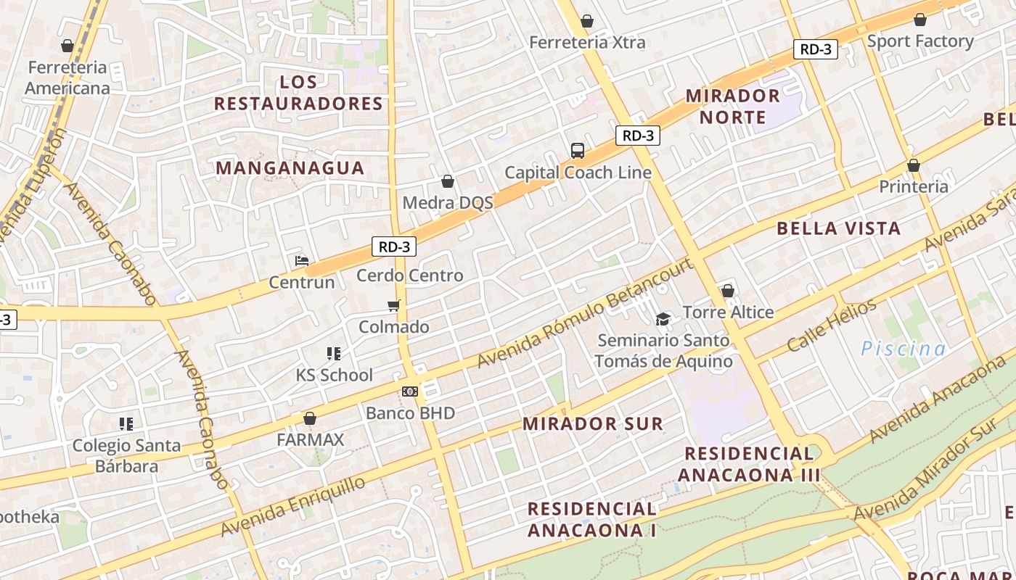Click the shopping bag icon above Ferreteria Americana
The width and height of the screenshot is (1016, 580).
[x=67, y=46]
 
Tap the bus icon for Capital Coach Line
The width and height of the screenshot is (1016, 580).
[x=578, y=151]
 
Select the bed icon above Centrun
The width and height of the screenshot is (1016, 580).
[x=302, y=261]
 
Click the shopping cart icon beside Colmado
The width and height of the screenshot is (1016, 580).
[x=394, y=306]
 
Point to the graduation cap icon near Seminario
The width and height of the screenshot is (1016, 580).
[x=663, y=319]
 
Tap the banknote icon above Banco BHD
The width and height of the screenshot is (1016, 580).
[x=410, y=391]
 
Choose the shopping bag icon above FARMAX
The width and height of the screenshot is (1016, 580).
[x=310, y=418]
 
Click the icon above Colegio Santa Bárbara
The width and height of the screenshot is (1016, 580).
[x=126, y=423]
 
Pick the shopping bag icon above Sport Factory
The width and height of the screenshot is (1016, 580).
[x=920, y=20]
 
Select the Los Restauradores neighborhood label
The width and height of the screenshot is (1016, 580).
[x=298, y=93]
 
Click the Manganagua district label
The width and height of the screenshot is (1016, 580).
[x=290, y=168]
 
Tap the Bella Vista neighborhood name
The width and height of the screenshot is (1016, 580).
[x=838, y=228]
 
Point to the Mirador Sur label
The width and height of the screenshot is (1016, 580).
[x=593, y=423]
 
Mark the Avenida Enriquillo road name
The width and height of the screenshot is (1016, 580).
[x=294, y=506]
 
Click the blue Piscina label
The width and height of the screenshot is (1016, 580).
[x=904, y=349]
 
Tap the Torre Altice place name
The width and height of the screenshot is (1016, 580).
[x=728, y=312]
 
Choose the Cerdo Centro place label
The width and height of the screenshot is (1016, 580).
[x=409, y=275]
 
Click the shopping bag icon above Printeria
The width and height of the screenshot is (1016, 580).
[x=914, y=166]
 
